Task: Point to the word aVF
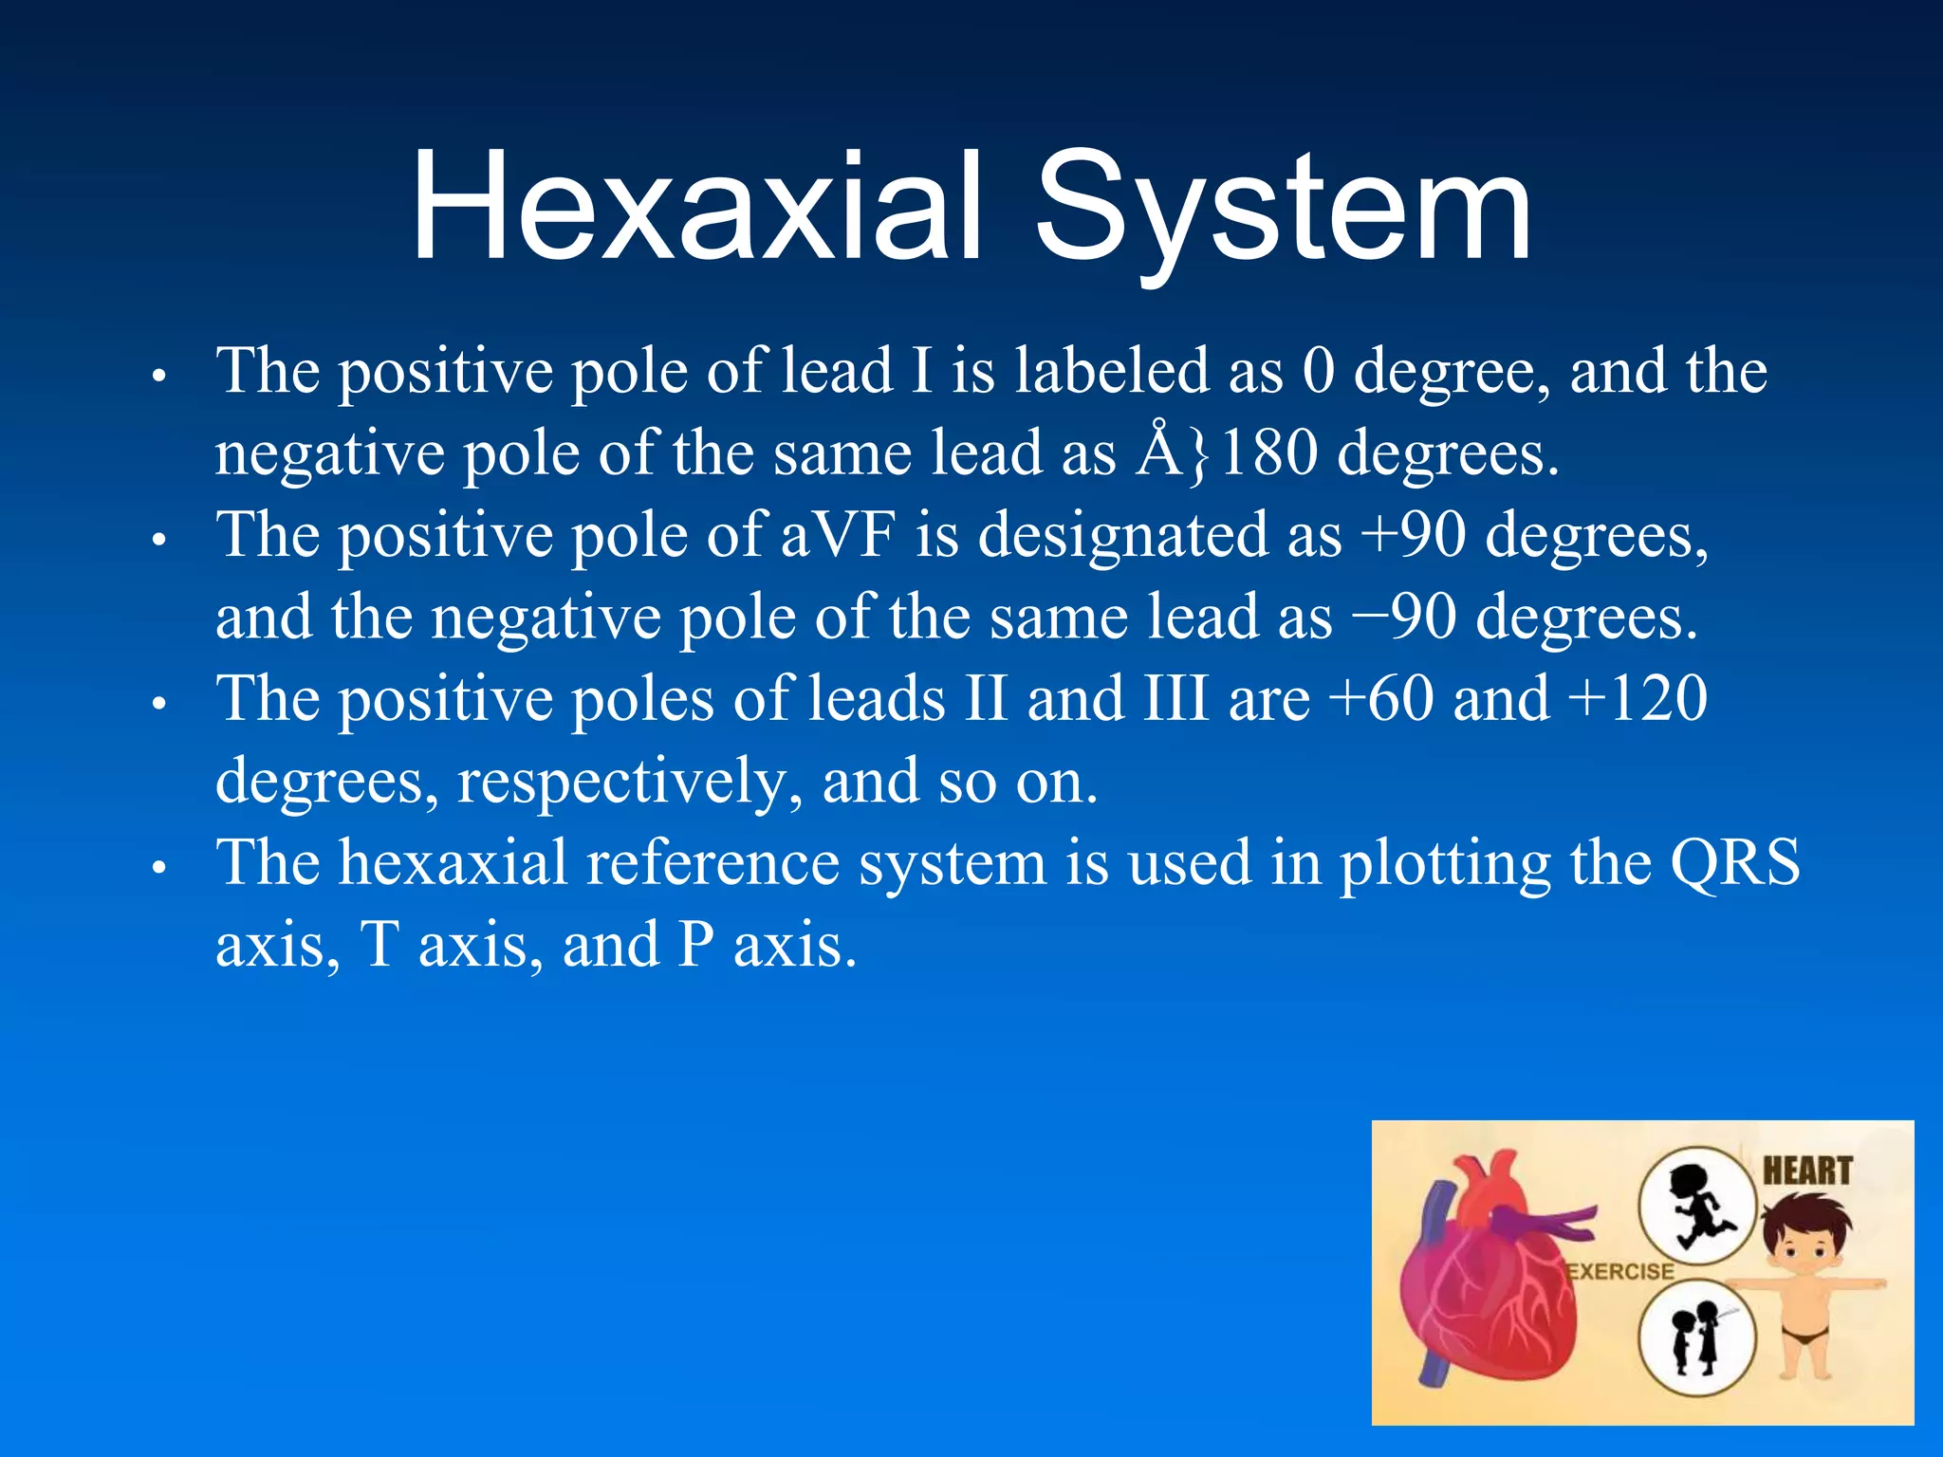[838, 534]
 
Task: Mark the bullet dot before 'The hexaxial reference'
[159, 867]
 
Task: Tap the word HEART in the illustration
[1807, 1171]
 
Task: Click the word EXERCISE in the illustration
[1620, 1271]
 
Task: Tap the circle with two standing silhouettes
[1696, 1338]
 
